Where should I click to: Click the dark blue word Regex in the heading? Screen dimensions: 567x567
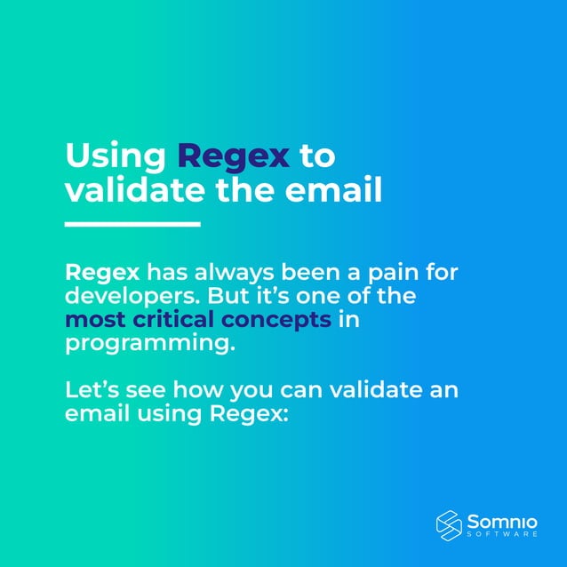[234, 156]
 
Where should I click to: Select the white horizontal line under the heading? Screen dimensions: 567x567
[132, 223]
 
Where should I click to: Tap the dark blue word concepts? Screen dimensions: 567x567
[288, 318]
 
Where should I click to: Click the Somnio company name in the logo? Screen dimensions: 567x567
[503, 520]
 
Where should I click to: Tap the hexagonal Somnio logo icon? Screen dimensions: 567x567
[449, 524]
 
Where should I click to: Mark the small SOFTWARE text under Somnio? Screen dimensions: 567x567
[502, 534]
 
